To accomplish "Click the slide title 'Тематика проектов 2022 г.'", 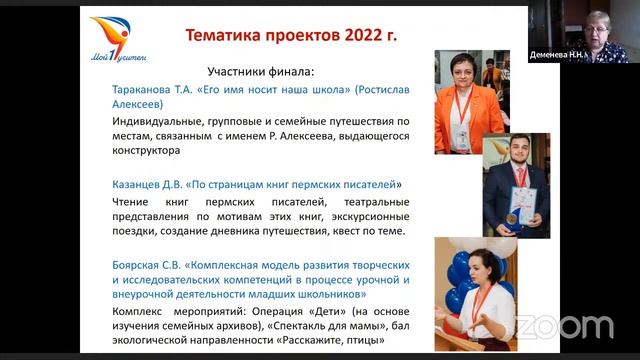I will point(290,36).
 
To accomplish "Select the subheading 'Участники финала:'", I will point(260,72).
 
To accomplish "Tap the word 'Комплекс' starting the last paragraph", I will point(144,311).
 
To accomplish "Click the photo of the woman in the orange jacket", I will point(471,101).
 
